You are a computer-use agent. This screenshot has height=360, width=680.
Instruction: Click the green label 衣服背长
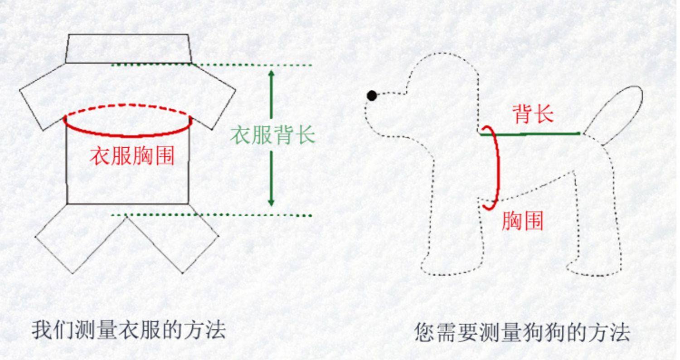click(x=272, y=135)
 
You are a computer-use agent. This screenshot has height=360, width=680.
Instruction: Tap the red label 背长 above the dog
click(x=533, y=114)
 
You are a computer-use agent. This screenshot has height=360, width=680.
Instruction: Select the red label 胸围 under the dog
click(x=522, y=221)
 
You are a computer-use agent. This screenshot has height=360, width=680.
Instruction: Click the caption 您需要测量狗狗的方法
click(x=522, y=332)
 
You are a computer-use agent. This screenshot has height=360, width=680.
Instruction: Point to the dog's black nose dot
click(x=372, y=96)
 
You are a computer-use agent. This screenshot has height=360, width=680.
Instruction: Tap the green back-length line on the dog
click(x=530, y=134)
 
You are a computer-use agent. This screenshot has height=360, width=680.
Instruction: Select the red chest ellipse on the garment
click(x=128, y=134)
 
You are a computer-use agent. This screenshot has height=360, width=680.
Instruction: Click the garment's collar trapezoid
click(x=128, y=48)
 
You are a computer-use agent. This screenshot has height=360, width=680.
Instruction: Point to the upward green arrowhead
click(x=272, y=74)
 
